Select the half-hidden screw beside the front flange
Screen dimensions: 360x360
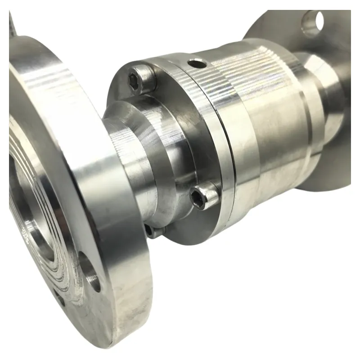coord(150,230)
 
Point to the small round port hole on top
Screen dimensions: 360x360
coord(197,64)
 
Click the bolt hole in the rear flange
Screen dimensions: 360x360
coord(314,22)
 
